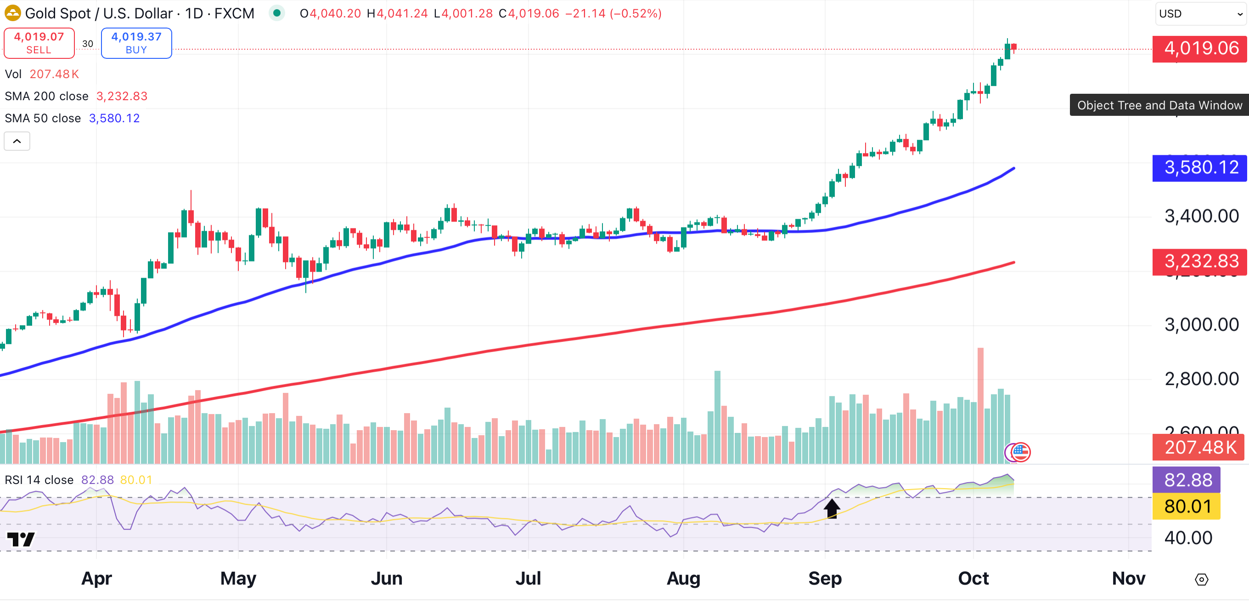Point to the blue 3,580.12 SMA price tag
(x=1199, y=168)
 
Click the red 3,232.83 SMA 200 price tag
(x=1199, y=262)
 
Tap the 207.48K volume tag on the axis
(x=1199, y=447)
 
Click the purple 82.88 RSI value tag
(x=1186, y=480)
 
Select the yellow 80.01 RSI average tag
(x=1186, y=506)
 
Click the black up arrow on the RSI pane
(x=832, y=508)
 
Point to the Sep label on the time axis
(x=825, y=579)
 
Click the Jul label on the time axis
(x=528, y=579)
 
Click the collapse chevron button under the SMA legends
(x=17, y=141)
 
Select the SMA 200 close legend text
(x=46, y=96)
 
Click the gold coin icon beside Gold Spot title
(x=12, y=13)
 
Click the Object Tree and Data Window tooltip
(x=1159, y=105)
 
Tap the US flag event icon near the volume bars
(x=1021, y=452)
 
